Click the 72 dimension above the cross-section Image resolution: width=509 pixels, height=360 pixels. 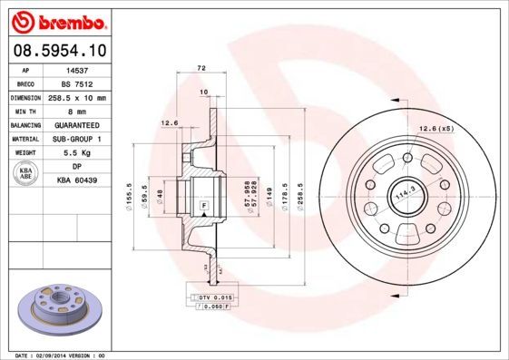point(201,69)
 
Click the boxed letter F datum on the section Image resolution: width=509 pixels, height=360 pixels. point(203,206)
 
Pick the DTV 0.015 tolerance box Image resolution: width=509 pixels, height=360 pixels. point(211,297)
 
